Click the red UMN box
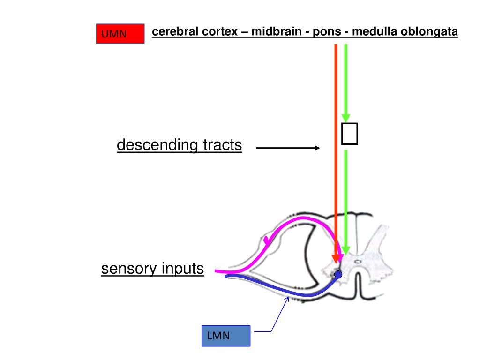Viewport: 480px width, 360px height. pos(120,34)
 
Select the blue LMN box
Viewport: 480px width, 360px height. pos(226,336)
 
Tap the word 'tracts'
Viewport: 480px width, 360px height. pos(222,145)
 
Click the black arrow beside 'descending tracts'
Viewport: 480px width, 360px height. pos(287,148)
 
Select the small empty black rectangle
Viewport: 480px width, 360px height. pos(350,134)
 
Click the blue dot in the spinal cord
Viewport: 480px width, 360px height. pos(338,275)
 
